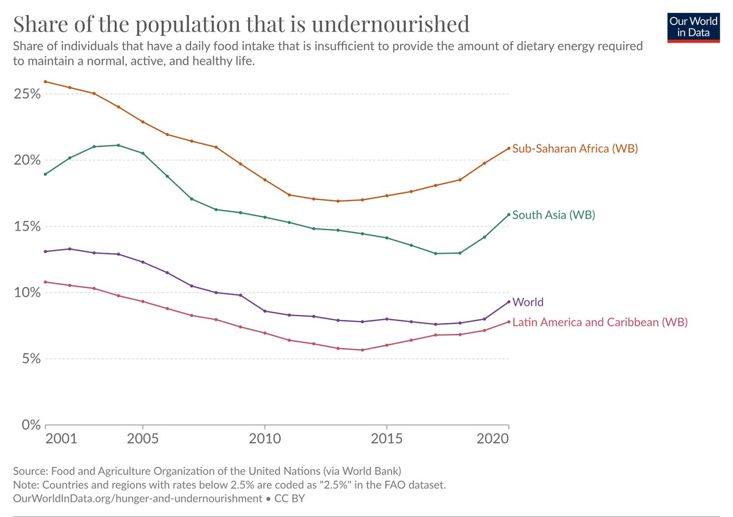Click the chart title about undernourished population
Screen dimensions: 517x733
pyautogui.click(x=241, y=24)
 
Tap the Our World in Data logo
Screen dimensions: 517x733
pyautogui.click(x=693, y=26)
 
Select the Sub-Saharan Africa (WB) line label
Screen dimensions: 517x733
pyautogui.click(x=575, y=148)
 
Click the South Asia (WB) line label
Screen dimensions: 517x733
pyautogui.click(x=553, y=215)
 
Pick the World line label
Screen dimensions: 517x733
pyautogui.click(x=528, y=302)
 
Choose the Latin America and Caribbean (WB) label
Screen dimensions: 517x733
pyautogui.click(x=600, y=322)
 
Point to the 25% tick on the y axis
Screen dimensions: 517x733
pyautogui.click(x=26, y=95)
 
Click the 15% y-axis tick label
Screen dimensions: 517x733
pyautogui.click(x=26, y=226)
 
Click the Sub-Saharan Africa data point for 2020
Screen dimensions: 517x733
pyautogui.click(x=508, y=148)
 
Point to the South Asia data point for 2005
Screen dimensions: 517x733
pyautogui.click(x=143, y=153)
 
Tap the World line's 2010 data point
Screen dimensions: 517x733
pyautogui.click(x=264, y=311)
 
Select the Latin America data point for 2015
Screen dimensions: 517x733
pyautogui.click(x=387, y=345)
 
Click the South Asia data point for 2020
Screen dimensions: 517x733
pyautogui.click(x=508, y=214)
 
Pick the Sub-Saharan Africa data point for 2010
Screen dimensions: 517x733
pyautogui.click(x=264, y=179)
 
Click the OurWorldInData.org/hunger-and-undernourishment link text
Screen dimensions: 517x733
pyautogui.click(x=137, y=498)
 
